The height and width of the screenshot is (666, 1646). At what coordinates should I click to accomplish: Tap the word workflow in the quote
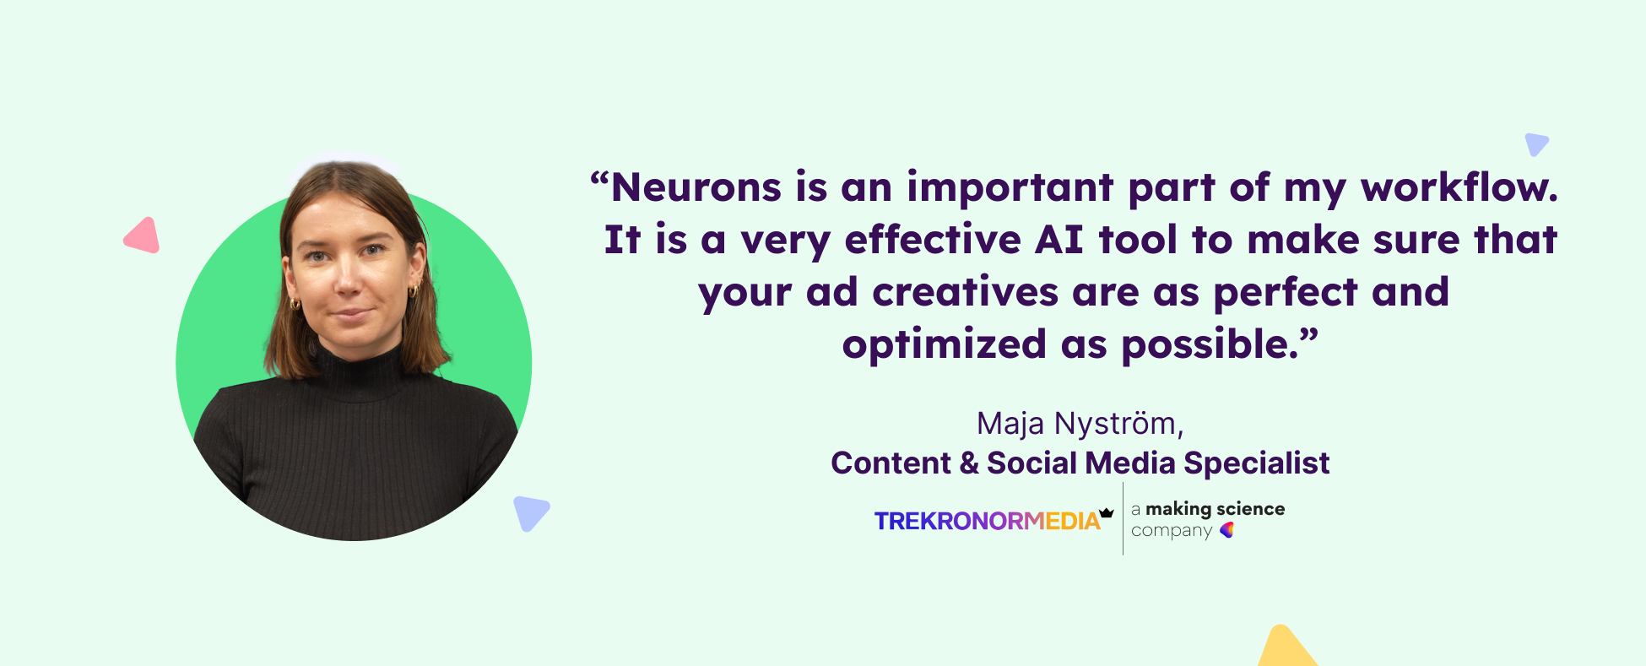[x=1459, y=187]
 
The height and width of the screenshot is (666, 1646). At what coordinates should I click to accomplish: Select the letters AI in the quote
[x=1059, y=240]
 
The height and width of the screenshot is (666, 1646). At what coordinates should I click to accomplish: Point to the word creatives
[x=965, y=292]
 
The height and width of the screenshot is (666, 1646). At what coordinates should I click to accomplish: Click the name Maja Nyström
[x=1080, y=424]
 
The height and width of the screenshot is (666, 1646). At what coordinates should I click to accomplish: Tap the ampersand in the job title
[x=969, y=463]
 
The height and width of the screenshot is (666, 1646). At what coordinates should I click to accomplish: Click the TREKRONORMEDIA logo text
[x=987, y=521]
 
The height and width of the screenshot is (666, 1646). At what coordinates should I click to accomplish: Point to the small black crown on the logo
[x=1107, y=512]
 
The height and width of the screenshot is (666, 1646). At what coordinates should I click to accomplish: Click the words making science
[x=1215, y=509]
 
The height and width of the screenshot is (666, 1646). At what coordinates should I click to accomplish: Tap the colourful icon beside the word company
[x=1227, y=530]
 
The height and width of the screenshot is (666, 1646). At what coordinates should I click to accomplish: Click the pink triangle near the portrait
[x=143, y=236]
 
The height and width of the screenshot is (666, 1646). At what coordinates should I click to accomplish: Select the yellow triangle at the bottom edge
[x=1285, y=648]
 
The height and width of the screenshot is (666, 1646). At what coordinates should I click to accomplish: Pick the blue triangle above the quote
[x=1535, y=143]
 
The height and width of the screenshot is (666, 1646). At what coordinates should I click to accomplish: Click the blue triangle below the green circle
[x=530, y=512]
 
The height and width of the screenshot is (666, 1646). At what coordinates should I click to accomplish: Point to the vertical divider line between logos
[x=1123, y=518]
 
